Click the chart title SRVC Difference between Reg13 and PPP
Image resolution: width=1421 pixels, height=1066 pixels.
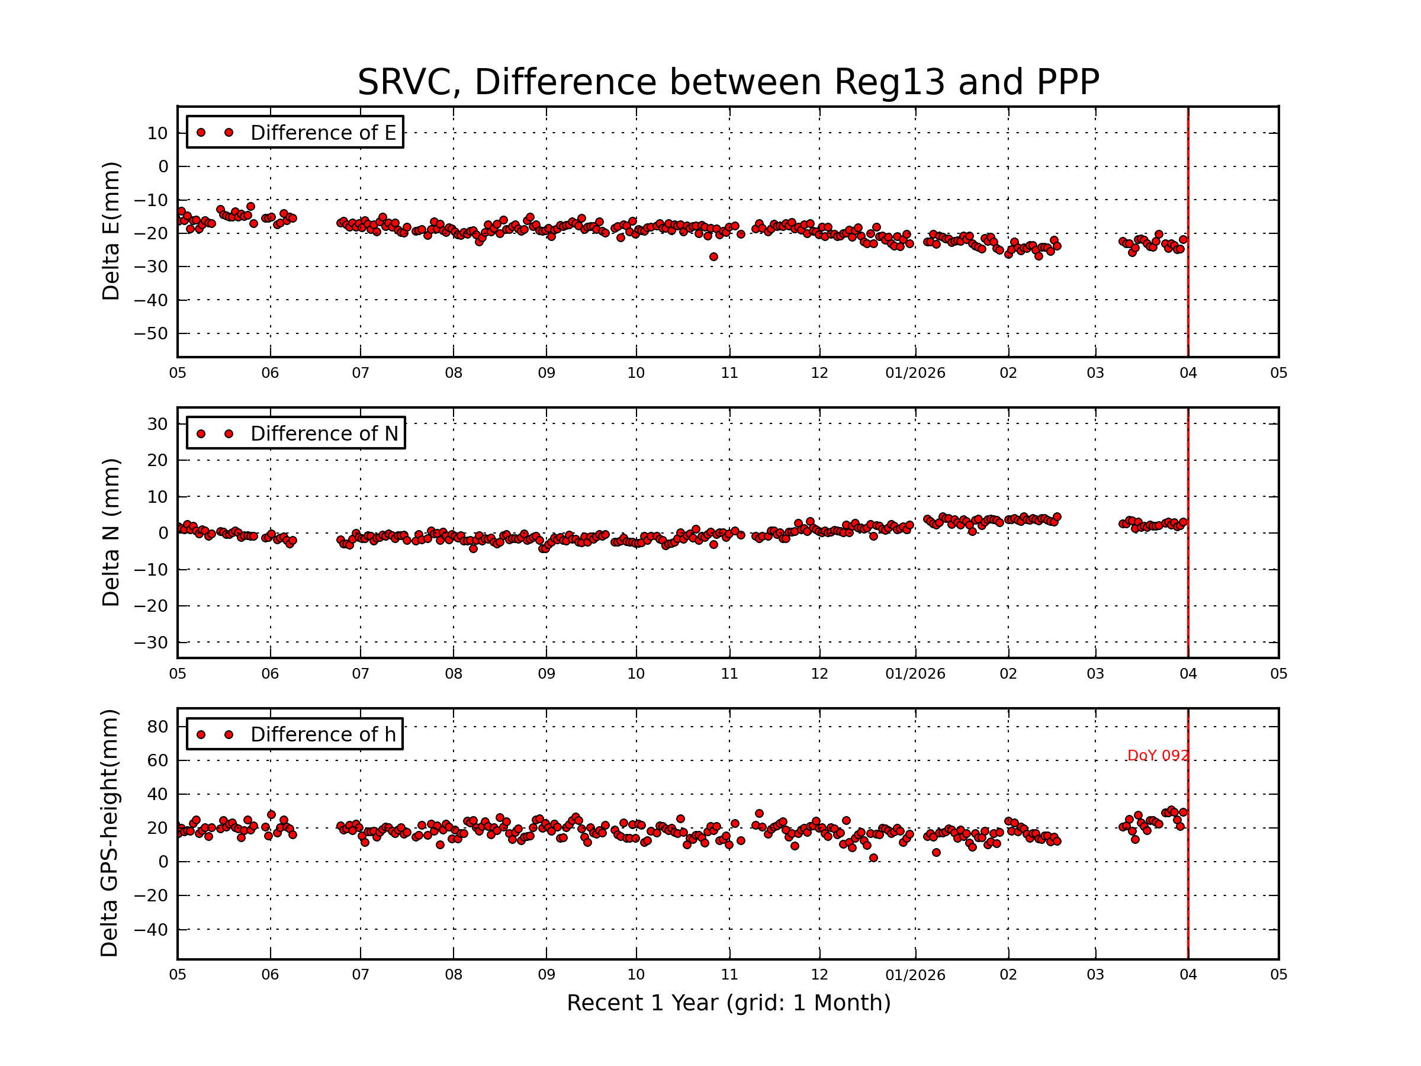pyautogui.click(x=728, y=82)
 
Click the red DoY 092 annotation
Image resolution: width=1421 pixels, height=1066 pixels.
pyautogui.click(x=1158, y=756)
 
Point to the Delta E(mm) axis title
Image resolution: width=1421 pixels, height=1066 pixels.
pyautogui.click(x=111, y=231)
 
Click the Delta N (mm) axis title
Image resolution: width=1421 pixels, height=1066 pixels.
pyautogui.click(x=111, y=532)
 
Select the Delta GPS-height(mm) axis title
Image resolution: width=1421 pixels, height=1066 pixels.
pyautogui.click(x=109, y=833)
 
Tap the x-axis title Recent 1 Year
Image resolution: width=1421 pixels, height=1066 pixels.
pyautogui.click(x=728, y=1003)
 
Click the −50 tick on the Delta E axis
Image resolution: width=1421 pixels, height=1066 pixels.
pyautogui.click(x=151, y=333)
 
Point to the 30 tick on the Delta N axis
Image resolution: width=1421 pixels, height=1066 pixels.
pyautogui.click(x=157, y=424)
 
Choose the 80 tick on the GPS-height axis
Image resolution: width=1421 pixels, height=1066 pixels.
pyautogui.click(x=157, y=727)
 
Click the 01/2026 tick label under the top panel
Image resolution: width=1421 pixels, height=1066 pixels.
pyautogui.click(x=915, y=373)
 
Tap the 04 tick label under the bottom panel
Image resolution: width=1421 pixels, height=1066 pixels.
pyautogui.click(x=1188, y=975)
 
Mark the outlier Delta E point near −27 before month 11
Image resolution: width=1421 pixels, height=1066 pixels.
pyautogui.click(x=713, y=257)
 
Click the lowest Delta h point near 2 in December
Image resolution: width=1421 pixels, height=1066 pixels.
pyautogui.click(x=873, y=858)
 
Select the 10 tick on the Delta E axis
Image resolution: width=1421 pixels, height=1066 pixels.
pyautogui.click(x=157, y=134)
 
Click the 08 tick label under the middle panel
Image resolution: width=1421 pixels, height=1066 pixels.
pyautogui.click(x=454, y=674)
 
